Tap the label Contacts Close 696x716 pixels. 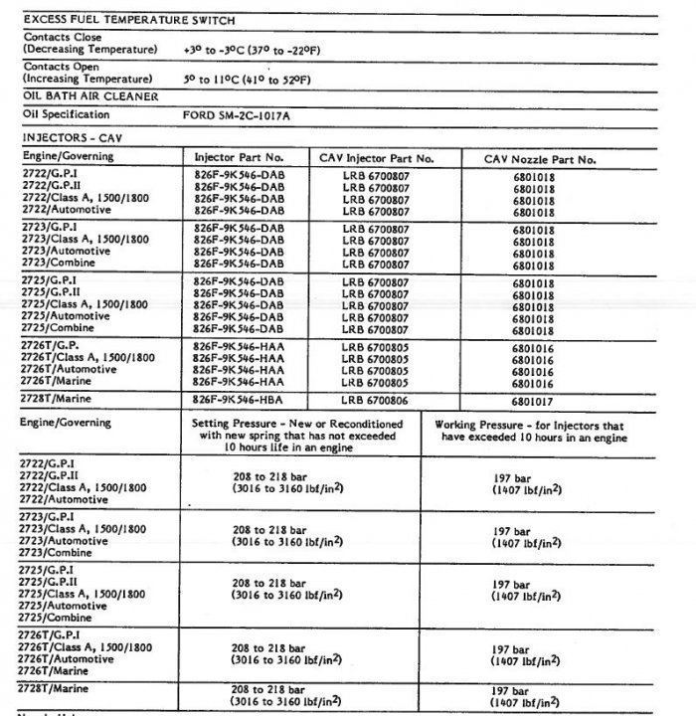62,37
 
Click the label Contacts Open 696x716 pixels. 61,67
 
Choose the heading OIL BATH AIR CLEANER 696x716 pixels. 90,96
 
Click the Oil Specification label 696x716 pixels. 65,115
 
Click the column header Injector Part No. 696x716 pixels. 240,158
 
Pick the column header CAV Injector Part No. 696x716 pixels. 376,158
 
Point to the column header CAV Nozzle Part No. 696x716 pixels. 539,159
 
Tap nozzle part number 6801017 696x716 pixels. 534,401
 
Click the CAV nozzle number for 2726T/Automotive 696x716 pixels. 534,369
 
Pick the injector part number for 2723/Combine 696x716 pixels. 240,265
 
